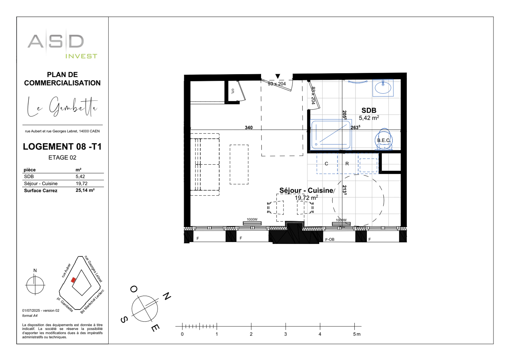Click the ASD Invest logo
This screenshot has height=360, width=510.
62,44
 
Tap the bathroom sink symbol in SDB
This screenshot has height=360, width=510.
383,88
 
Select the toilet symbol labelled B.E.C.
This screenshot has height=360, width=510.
383,140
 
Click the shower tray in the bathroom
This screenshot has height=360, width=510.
331,134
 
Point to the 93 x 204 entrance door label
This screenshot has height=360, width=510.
277,84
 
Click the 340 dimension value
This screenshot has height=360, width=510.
248,127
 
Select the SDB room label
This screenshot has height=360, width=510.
369,110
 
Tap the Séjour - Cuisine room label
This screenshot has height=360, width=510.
306,190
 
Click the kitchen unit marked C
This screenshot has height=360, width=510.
327,163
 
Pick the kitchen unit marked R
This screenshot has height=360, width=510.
347,163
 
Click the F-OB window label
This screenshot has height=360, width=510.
330,239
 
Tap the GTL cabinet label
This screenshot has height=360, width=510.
232,91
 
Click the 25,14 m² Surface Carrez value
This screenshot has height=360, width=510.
85,190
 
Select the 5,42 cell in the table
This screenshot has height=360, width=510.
80,176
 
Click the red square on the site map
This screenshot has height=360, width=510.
73,280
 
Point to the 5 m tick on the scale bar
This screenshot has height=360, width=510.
354,326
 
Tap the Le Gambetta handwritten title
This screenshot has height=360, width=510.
62,106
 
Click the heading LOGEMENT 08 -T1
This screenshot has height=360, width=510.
62,146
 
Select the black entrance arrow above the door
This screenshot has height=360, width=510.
277,76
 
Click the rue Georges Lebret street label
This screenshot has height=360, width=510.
93,269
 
